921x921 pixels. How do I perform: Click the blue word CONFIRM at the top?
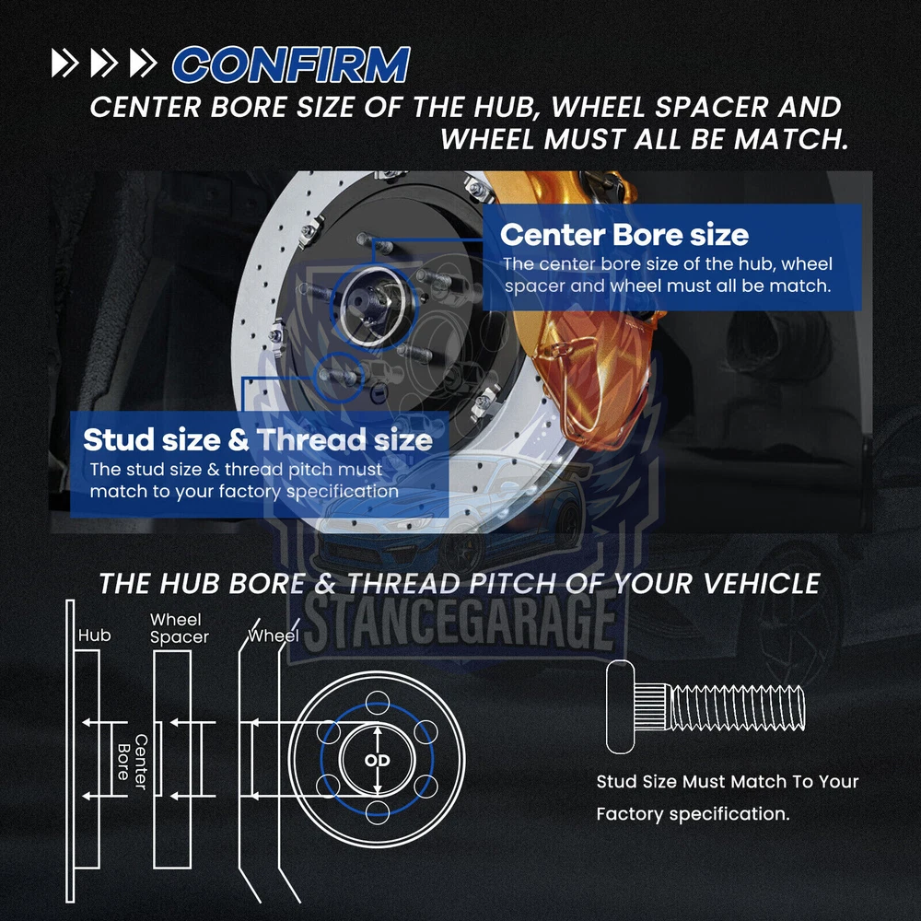tap(291, 64)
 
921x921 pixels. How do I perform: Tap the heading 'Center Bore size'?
tap(624, 234)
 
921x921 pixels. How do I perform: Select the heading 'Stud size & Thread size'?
tap(258, 439)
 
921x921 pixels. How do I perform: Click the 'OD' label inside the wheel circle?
tap(377, 761)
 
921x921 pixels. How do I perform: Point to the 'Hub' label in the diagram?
tap(95, 635)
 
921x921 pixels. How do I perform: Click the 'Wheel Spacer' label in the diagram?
tap(180, 628)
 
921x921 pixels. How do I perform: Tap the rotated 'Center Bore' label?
tap(132, 762)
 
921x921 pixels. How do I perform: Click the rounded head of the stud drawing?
tap(620, 706)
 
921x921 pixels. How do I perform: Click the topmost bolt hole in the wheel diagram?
tap(377, 703)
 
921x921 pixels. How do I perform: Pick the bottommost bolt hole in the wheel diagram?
tap(377, 813)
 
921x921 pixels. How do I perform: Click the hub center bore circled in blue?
tap(375, 306)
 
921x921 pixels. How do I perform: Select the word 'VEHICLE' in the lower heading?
tap(762, 583)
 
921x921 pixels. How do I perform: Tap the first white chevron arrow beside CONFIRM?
tap(64, 63)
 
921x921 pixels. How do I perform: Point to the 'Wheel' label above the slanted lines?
tap(274, 635)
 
